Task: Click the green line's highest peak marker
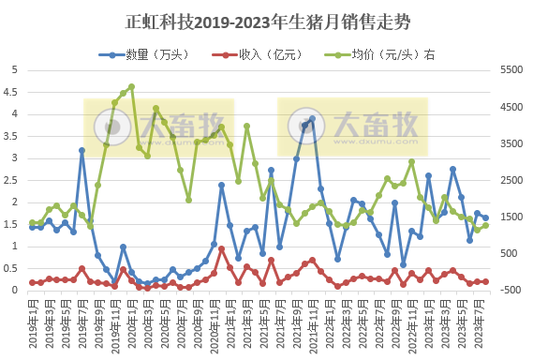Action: coord(131,87)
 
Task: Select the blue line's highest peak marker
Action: coord(312,119)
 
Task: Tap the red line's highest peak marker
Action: coord(222,248)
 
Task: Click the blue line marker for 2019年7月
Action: coord(82,150)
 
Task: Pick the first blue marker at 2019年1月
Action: coord(33,227)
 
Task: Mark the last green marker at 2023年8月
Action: coord(485,225)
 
